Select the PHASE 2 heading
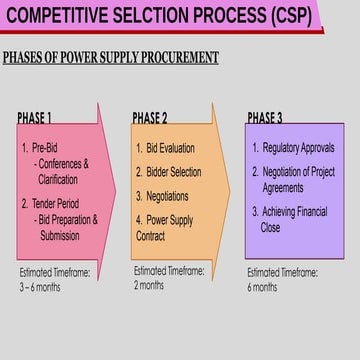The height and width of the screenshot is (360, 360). [x=150, y=118]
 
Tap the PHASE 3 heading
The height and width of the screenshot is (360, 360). [x=264, y=118]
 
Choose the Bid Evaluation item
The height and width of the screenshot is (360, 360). [x=167, y=149]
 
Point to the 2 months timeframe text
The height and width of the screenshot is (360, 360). [x=150, y=285]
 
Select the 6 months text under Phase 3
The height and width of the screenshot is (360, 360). [x=263, y=287]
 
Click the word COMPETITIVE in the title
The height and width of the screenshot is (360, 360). [x=66, y=15]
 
